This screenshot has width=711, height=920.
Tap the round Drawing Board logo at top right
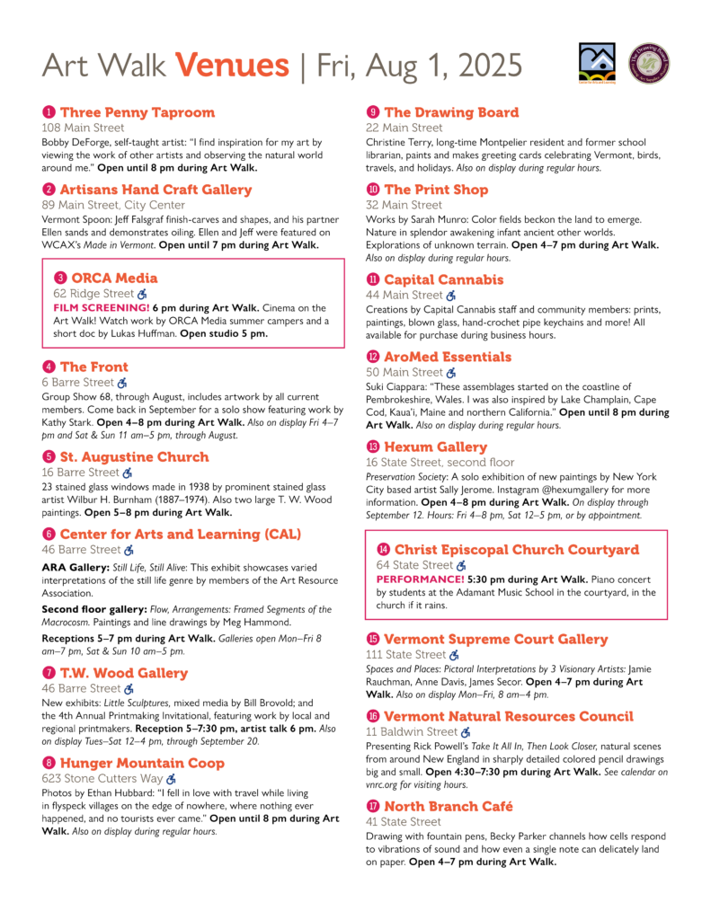point(650,65)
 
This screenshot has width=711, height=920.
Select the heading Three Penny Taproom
point(138,112)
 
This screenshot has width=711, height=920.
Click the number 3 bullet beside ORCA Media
point(60,278)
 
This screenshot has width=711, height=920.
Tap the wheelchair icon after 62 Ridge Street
point(142,293)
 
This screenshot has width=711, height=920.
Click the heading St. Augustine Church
point(134,456)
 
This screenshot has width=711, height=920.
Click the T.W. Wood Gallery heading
point(124,673)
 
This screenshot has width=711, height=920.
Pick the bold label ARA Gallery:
point(75,567)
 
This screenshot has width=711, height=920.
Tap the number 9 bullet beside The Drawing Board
point(372,112)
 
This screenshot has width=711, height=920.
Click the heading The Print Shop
point(436,190)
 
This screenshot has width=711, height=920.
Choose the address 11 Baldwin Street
point(411,731)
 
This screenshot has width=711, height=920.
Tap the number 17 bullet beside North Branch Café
point(372,806)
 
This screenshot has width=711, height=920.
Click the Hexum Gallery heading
point(435,447)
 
